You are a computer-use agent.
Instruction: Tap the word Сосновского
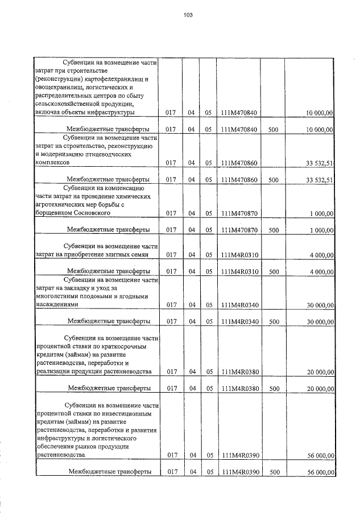click(95, 213)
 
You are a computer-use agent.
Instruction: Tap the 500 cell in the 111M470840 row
click(273, 130)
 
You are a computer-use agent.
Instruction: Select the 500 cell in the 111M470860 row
click(273, 180)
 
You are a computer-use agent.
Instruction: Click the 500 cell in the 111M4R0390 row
click(273, 472)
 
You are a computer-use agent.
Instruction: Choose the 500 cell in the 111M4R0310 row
click(273, 271)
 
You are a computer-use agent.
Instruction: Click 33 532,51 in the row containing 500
click(319, 180)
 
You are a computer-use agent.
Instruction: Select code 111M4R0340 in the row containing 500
click(240, 322)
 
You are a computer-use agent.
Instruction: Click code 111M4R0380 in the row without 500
click(240, 372)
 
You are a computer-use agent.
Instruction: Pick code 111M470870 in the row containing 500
click(240, 230)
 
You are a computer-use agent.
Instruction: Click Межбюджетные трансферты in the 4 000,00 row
click(108, 271)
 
